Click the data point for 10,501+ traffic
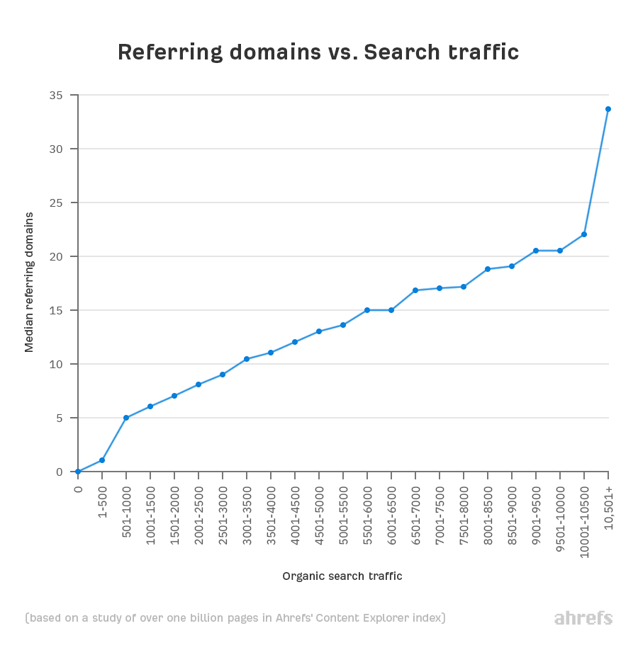[608, 109]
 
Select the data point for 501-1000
[126, 418]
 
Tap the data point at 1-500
[102, 460]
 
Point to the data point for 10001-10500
[584, 234]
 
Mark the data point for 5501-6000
[367, 310]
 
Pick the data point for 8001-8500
[488, 269]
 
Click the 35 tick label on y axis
[55, 96]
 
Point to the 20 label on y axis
[55, 256]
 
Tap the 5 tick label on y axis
[59, 418]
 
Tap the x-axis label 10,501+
[608, 504]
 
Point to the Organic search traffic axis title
[342, 576]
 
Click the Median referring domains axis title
[29, 282]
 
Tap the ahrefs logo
[583, 618]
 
